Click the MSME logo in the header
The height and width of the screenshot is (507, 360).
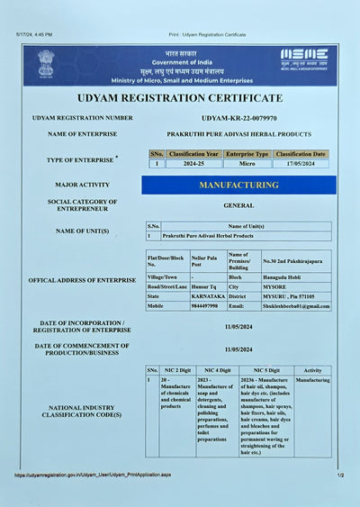pyautogui.click(x=304, y=59)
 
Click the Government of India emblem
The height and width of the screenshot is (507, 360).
pyautogui.click(x=45, y=65)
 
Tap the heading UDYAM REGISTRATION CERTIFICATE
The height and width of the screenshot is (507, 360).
pyautogui.click(x=179, y=97)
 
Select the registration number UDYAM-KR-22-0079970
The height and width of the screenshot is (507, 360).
pyautogui.click(x=238, y=118)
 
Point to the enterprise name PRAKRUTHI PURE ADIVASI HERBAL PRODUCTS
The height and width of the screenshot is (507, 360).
pyautogui.click(x=238, y=134)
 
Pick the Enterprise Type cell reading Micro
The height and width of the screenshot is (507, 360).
pyautogui.click(x=247, y=164)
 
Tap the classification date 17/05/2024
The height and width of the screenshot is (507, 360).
pyautogui.click(x=301, y=164)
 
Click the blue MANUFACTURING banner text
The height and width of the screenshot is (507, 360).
pyautogui.click(x=238, y=185)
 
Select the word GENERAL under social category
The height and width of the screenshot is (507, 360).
pyautogui.click(x=238, y=205)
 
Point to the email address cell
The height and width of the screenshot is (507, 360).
pyautogui.click(x=296, y=306)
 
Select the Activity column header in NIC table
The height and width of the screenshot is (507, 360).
pyautogui.click(x=312, y=370)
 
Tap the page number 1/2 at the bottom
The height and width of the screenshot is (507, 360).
pyautogui.click(x=340, y=475)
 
